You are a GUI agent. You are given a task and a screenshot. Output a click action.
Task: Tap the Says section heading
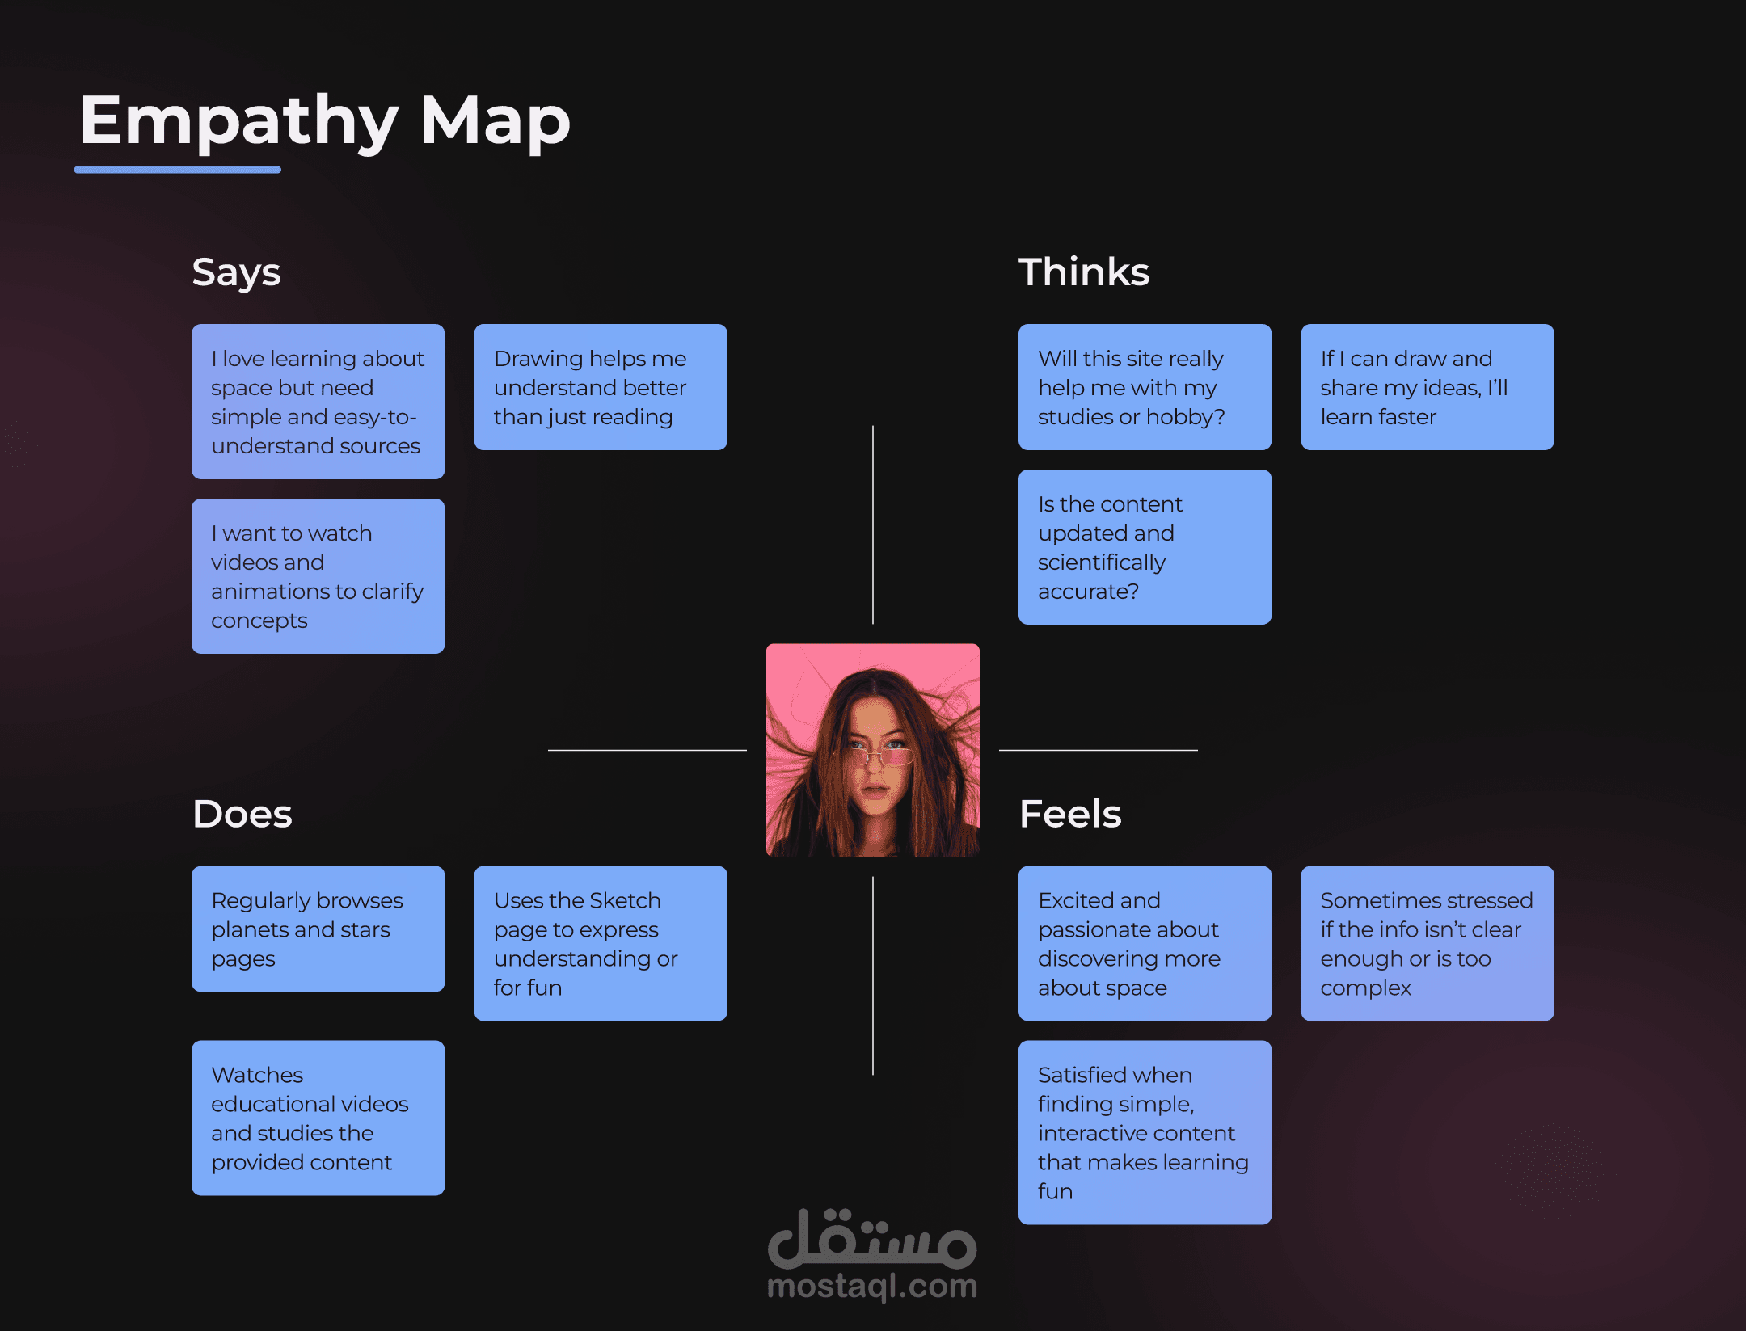pyautogui.click(x=236, y=272)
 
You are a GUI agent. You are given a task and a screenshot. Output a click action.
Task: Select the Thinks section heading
pyautogui.click(x=1083, y=272)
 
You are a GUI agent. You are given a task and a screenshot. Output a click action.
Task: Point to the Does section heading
pyautogui.click(x=242, y=814)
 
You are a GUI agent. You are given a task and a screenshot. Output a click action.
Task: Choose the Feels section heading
pyautogui.click(x=1070, y=814)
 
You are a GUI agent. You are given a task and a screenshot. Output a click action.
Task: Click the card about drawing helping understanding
pyautogui.click(x=600, y=387)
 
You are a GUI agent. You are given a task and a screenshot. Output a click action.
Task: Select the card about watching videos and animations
pyautogui.click(x=318, y=576)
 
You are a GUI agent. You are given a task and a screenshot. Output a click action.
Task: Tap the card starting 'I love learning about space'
pyautogui.click(x=318, y=402)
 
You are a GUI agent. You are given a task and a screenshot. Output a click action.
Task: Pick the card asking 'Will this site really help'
pyautogui.click(x=1145, y=387)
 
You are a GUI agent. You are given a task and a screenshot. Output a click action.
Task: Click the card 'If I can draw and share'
pyautogui.click(x=1427, y=387)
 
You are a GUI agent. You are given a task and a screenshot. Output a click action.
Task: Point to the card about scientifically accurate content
pyautogui.click(x=1145, y=547)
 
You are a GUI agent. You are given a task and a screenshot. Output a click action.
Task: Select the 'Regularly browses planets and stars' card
pyautogui.click(x=318, y=929)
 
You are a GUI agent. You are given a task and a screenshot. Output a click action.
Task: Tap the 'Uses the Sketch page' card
pyautogui.click(x=600, y=943)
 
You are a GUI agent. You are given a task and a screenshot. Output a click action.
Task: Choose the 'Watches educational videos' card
pyautogui.click(x=318, y=1118)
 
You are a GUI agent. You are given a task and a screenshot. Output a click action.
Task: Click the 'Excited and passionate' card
pyautogui.click(x=1145, y=943)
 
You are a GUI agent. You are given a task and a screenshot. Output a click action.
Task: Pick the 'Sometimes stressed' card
pyautogui.click(x=1427, y=943)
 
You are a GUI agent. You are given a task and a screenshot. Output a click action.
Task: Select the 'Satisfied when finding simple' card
pyautogui.click(x=1145, y=1132)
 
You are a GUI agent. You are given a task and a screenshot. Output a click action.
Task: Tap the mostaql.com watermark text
pyautogui.click(x=872, y=1286)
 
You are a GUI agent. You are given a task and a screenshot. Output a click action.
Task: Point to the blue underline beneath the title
pyautogui.click(x=178, y=170)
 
